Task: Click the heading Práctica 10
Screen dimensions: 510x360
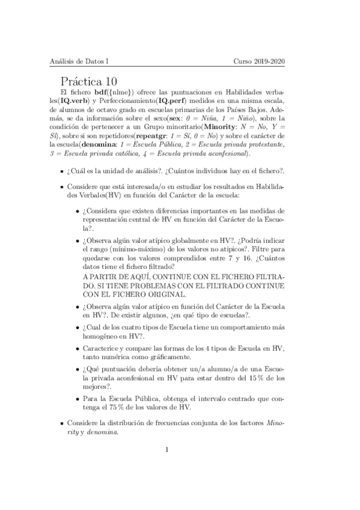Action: [93, 81]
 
